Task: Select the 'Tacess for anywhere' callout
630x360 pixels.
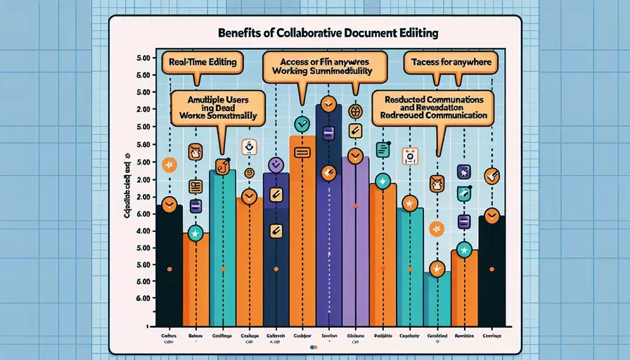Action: pyautogui.click(x=450, y=63)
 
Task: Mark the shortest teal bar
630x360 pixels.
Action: pyautogui.click(x=437, y=299)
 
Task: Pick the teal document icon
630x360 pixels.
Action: pyautogui.click(x=383, y=149)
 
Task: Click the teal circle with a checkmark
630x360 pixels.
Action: pyautogui.click(x=302, y=125)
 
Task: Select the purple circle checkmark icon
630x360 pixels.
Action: pyautogui.click(x=276, y=165)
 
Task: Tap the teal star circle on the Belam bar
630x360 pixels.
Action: pyautogui.click(x=195, y=233)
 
